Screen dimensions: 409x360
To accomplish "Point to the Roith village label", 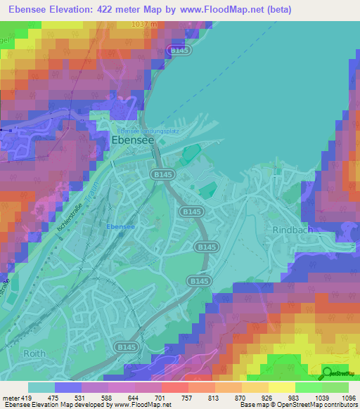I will point(34,353).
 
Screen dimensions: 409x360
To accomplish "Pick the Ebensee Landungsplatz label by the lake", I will point(143,131).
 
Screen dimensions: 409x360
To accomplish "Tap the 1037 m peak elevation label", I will point(143,25).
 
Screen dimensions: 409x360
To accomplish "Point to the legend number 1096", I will point(347,398).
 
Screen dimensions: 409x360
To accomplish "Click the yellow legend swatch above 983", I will point(281,387).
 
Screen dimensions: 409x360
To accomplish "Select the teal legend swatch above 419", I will point(41,387).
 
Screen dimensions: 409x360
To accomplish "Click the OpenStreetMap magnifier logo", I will point(327,373).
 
